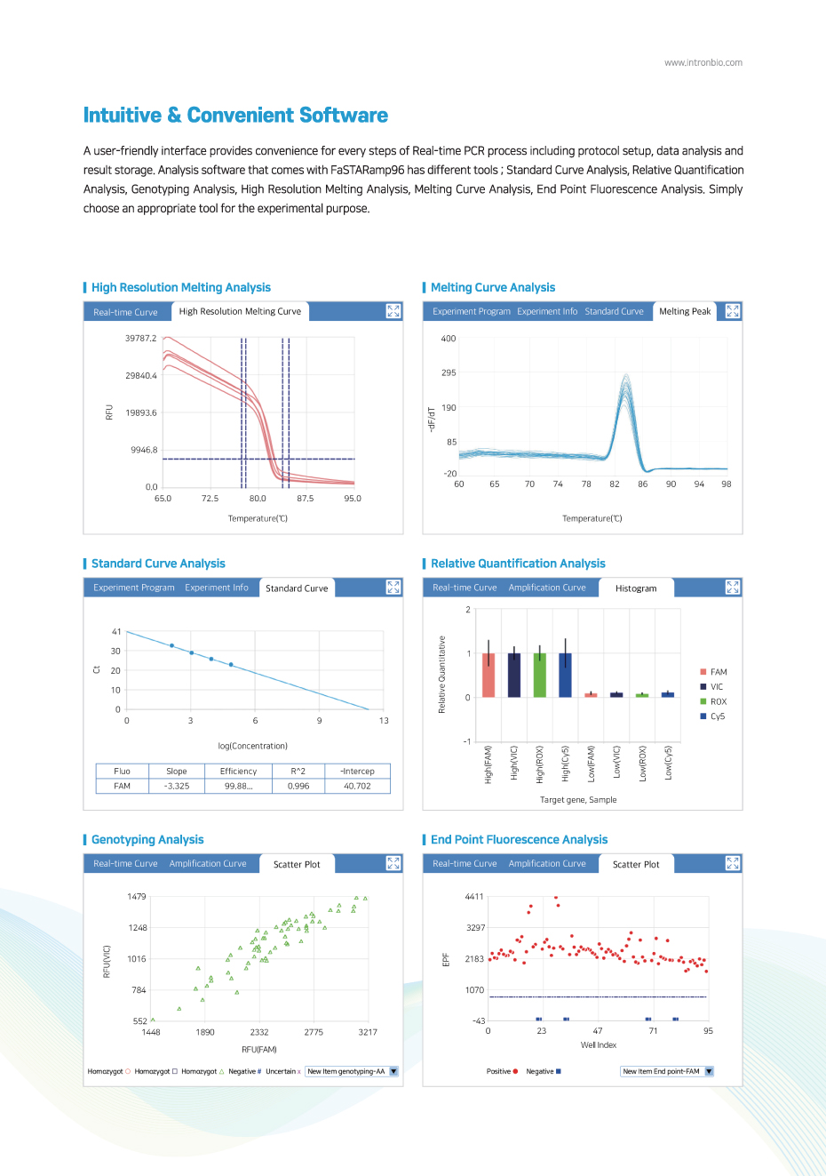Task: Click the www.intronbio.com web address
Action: click(x=703, y=62)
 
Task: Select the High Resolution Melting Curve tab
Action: click(x=240, y=311)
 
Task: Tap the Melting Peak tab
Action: click(x=685, y=311)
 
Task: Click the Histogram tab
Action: click(x=636, y=588)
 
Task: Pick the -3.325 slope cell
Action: click(x=177, y=786)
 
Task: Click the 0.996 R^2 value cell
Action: click(x=298, y=786)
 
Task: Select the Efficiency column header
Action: click(x=238, y=772)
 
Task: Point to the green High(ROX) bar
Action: click(x=540, y=676)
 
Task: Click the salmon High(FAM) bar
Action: click(x=488, y=676)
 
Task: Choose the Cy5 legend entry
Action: click(x=712, y=716)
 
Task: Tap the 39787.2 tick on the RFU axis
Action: click(x=140, y=338)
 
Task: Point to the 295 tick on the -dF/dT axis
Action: click(x=449, y=372)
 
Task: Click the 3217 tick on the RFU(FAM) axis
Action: click(x=368, y=1032)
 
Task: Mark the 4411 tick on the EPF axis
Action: click(x=474, y=896)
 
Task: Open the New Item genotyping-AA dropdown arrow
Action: click(x=393, y=1071)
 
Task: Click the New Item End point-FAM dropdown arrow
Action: click(x=709, y=1071)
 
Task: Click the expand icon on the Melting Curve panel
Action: click(x=732, y=311)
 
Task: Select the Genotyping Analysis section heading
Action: click(x=147, y=839)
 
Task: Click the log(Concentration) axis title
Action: click(x=253, y=746)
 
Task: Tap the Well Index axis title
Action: click(x=599, y=1044)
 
